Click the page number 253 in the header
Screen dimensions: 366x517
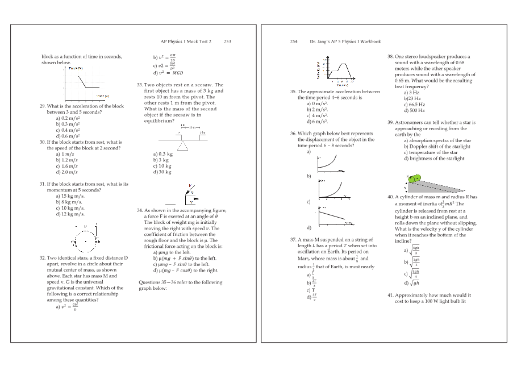pyautogui.click(x=227, y=41)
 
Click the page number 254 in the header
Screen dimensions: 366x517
pyautogui.click(x=294, y=41)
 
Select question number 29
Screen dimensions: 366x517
pyautogui.click(x=42, y=106)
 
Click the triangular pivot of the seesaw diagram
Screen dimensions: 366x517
pyautogui.click(x=182, y=144)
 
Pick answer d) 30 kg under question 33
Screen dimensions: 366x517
pyautogui.click(x=162, y=172)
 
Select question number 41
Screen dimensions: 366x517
pyautogui.click(x=390, y=296)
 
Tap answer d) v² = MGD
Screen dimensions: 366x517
pyautogui.click(x=170, y=73)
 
